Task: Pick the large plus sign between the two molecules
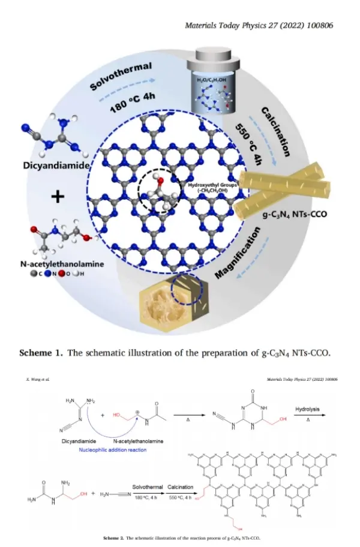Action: pos(58,196)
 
